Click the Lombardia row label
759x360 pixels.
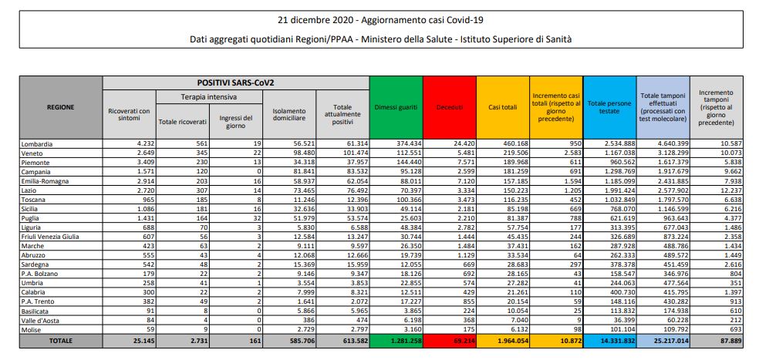[38, 143]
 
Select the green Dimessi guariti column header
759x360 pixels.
[395, 107]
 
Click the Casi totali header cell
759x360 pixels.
[503, 107]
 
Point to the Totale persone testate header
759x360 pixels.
[610, 107]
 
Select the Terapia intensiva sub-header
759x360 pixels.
[208, 97]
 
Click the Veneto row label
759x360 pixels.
[34, 153]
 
